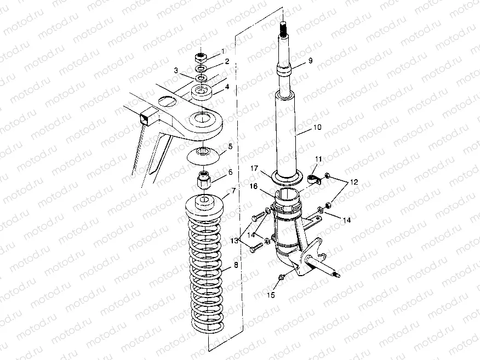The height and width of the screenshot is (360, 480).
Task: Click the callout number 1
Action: (223, 52)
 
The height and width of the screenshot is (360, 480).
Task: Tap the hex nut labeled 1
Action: (202, 57)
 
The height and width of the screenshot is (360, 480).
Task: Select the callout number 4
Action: (227, 87)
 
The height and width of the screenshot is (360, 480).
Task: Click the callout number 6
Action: (230, 173)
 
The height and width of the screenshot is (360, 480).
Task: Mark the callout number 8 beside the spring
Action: (236, 265)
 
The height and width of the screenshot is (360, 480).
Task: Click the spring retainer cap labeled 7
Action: (204, 209)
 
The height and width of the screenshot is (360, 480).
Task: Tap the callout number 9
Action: (310, 61)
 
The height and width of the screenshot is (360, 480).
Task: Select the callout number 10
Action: (317, 127)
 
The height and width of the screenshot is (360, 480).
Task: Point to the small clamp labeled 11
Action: (313, 180)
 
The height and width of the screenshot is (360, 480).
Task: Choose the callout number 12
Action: (353, 182)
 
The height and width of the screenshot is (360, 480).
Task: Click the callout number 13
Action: (234, 241)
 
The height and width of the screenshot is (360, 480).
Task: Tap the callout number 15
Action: (271, 295)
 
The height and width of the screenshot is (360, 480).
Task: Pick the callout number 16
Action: (254, 186)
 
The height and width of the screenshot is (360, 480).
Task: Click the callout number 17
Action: (254, 168)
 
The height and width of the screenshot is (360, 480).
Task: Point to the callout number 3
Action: (176, 71)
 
